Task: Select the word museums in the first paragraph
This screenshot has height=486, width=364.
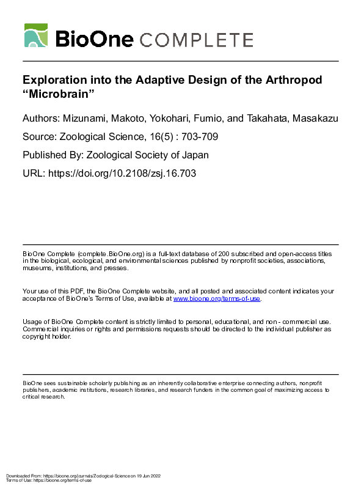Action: coord(38,268)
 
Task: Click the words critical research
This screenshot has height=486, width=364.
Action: coord(44,396)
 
